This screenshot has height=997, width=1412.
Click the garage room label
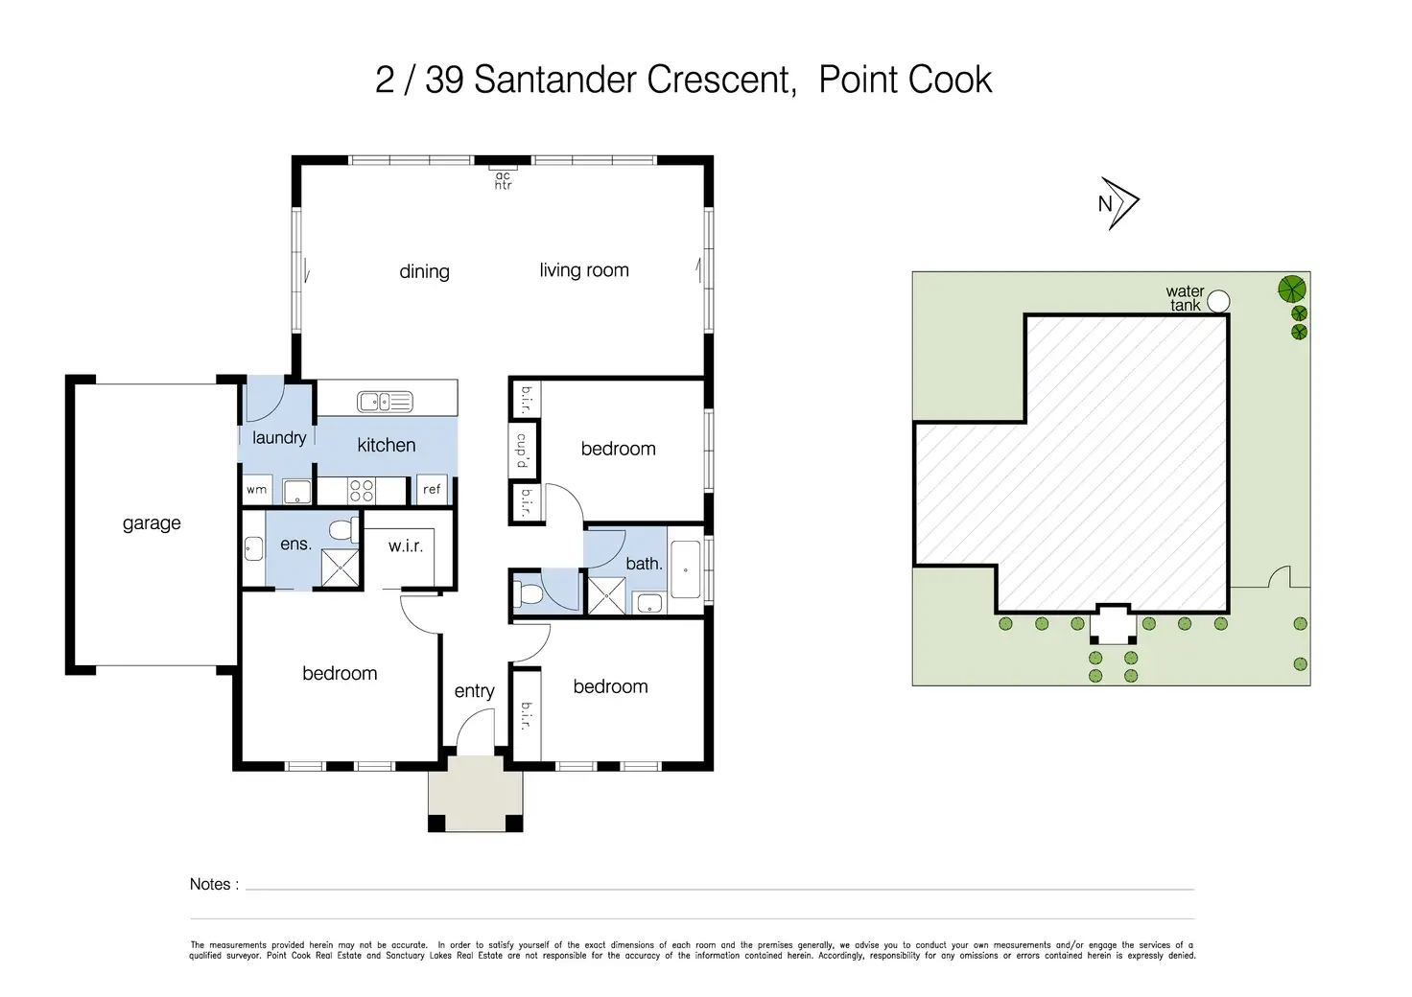(152, 523)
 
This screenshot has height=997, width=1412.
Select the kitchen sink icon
(386, 401)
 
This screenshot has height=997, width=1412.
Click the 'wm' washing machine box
(257, 489)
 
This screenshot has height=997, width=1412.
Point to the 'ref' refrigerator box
(432, 489)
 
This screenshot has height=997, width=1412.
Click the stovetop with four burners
(362, 491)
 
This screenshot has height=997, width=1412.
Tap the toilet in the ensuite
(343, 529)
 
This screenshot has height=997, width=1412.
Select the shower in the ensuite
(340, 568)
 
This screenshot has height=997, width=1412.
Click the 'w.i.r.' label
(406, 546)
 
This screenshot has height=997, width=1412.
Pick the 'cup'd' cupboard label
(522, 451)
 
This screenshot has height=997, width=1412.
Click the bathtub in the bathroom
(685, 568)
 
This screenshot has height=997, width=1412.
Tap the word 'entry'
(474, 691)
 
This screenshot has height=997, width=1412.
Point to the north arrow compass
(1118, 203)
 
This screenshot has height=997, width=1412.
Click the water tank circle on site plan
(1218, 301)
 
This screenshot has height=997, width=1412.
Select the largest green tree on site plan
(1291, 290)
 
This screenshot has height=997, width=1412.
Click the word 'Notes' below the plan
(210, 884)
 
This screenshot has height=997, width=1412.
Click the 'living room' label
(584, 270)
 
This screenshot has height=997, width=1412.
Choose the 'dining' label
(424, 272)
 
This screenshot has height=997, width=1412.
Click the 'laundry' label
(278, 438)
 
